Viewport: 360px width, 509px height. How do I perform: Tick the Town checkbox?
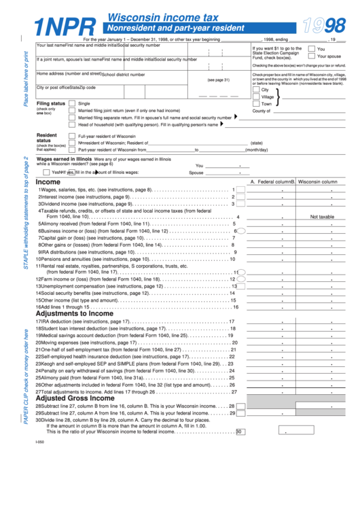click(256, 104)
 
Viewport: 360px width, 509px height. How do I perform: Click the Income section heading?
click(48, 182)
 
